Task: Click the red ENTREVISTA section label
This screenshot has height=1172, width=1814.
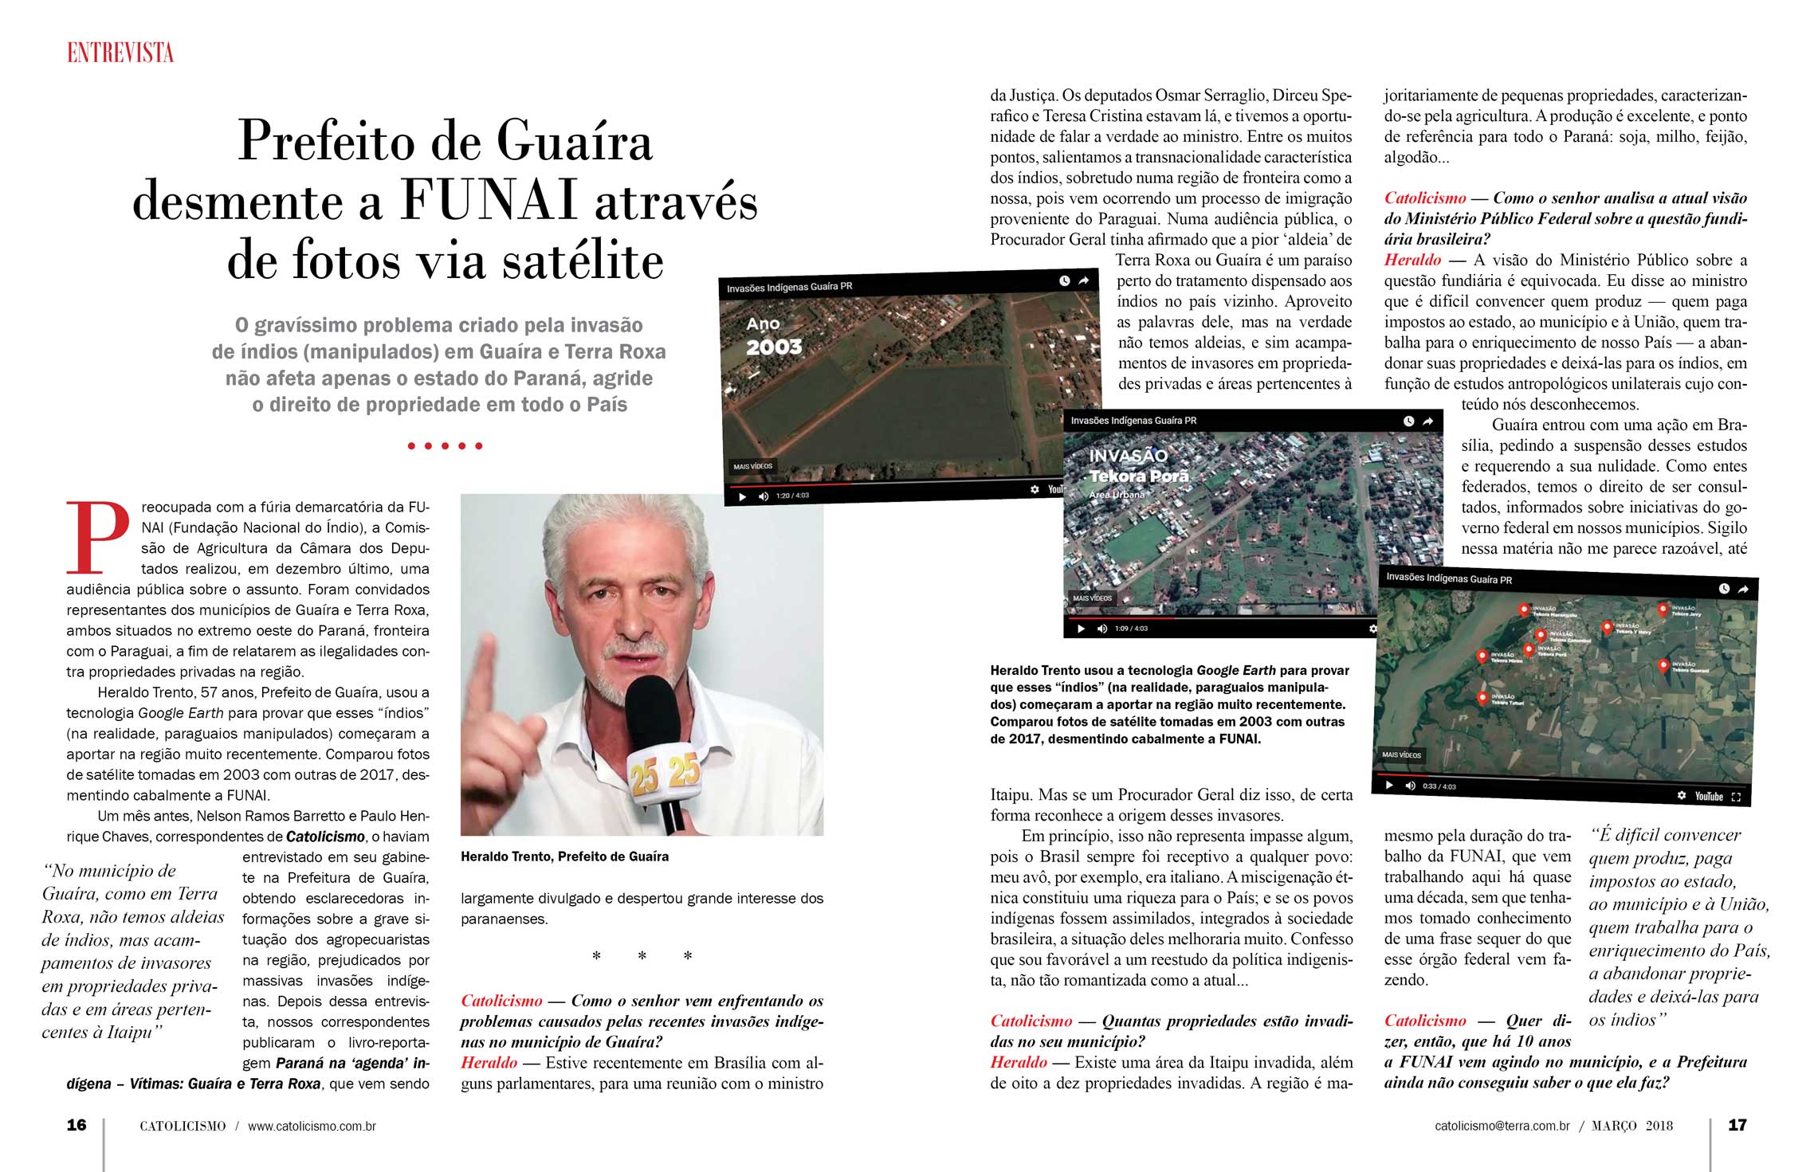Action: (x=120, y=53)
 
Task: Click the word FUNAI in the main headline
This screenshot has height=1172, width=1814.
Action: (x=489, y=201)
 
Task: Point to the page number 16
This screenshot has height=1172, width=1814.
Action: (x=77, y=1125)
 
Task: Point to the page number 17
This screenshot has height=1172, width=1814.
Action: (x=1737, y=1125)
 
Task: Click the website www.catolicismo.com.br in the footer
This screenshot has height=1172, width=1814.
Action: (x=312, y=1127)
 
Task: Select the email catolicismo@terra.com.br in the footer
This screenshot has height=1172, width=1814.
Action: (x=1502, y=1127)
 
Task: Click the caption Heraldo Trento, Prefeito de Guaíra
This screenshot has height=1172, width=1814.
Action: (x=564, y=856)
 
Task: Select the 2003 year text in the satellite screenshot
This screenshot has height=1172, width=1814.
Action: (x=773, y=347)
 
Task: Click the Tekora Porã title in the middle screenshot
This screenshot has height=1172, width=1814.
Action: (x=1139, y=476)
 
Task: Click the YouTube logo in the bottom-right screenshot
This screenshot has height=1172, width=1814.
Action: (x=1709, y=796)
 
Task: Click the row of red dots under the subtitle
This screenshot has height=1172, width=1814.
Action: (x=445, y=446)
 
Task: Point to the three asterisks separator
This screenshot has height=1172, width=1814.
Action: (x=642, y=956)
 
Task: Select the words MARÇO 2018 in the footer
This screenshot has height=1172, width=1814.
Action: (x=1632, y=1127)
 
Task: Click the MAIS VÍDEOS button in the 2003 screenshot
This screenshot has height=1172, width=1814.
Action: (x=752, y=467)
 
